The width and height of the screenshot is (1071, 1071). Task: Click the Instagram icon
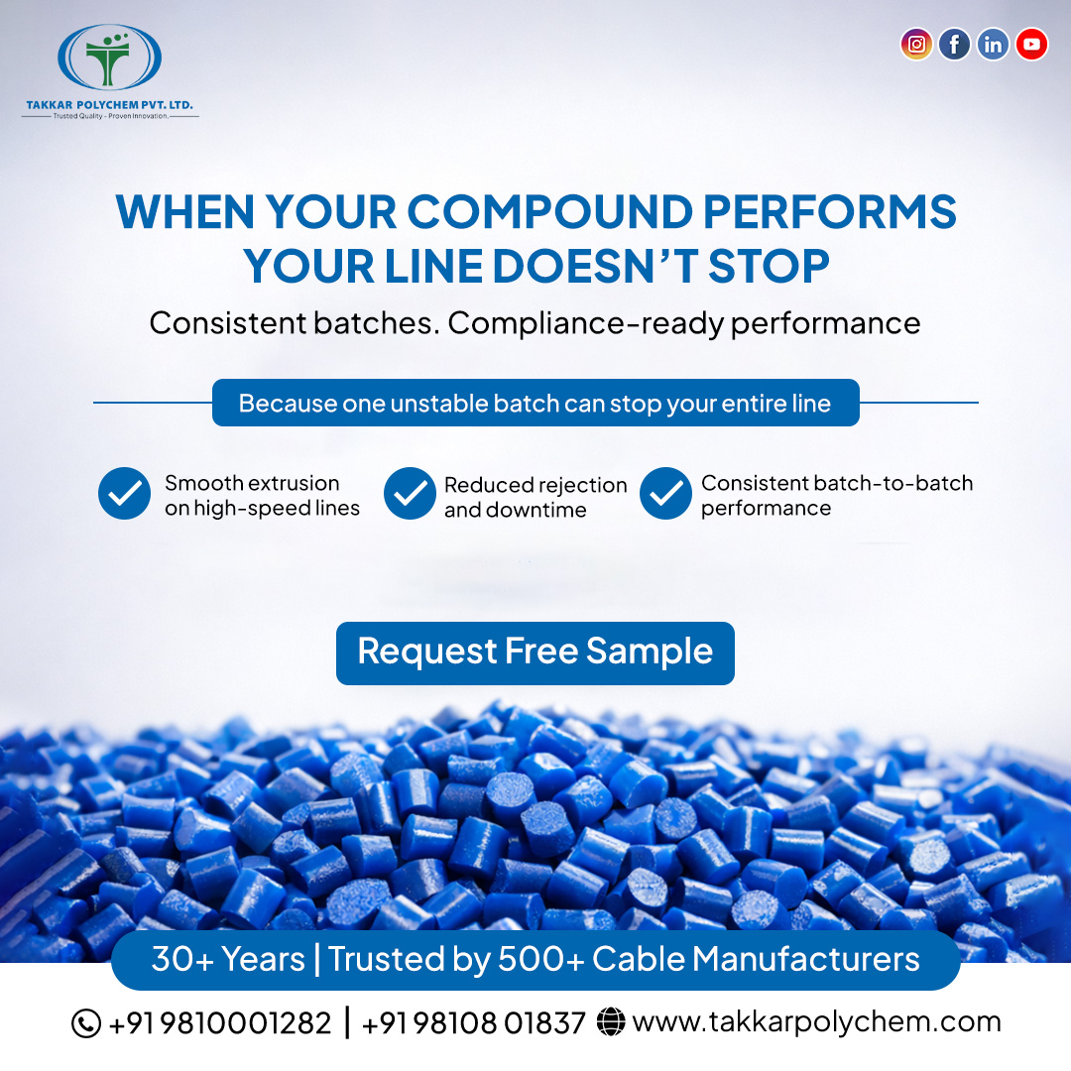click(x=917, y=44)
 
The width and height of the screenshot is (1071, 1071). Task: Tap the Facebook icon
click(x=954, y=44)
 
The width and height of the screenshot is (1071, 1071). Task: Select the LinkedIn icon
click(x=993, y=44)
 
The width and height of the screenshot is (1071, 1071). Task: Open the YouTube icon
click(x=1031, y=44)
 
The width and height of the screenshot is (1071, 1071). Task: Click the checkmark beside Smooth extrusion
click(x=124, y=494)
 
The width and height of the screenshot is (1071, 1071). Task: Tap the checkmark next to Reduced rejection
click(x=410, y=494)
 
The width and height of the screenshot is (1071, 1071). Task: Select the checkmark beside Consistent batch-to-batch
click(x=665, y=494)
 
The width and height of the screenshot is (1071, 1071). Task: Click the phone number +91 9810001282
click(x=219, y=1022)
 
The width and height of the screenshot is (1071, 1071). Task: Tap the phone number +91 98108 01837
click(x=474, y=1022)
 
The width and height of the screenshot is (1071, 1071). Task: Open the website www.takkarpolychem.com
click(x=816, y=1021)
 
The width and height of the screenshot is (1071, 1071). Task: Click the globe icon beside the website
click(x=612, y=1022)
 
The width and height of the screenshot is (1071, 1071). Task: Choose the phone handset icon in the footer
click(x=86, y=1022)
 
